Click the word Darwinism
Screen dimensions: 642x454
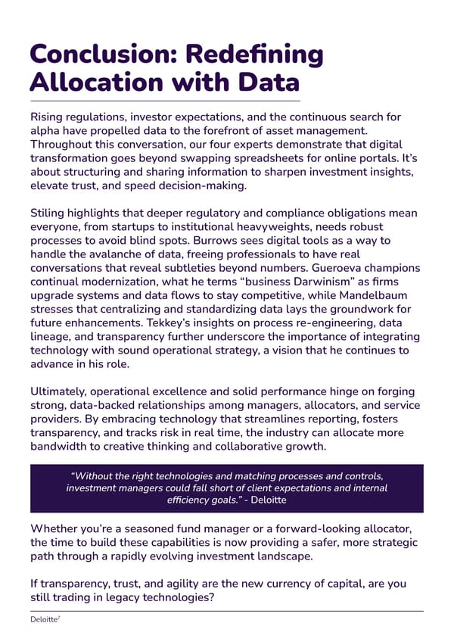tap(262, 282)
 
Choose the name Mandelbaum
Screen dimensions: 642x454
tap(383, 295)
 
